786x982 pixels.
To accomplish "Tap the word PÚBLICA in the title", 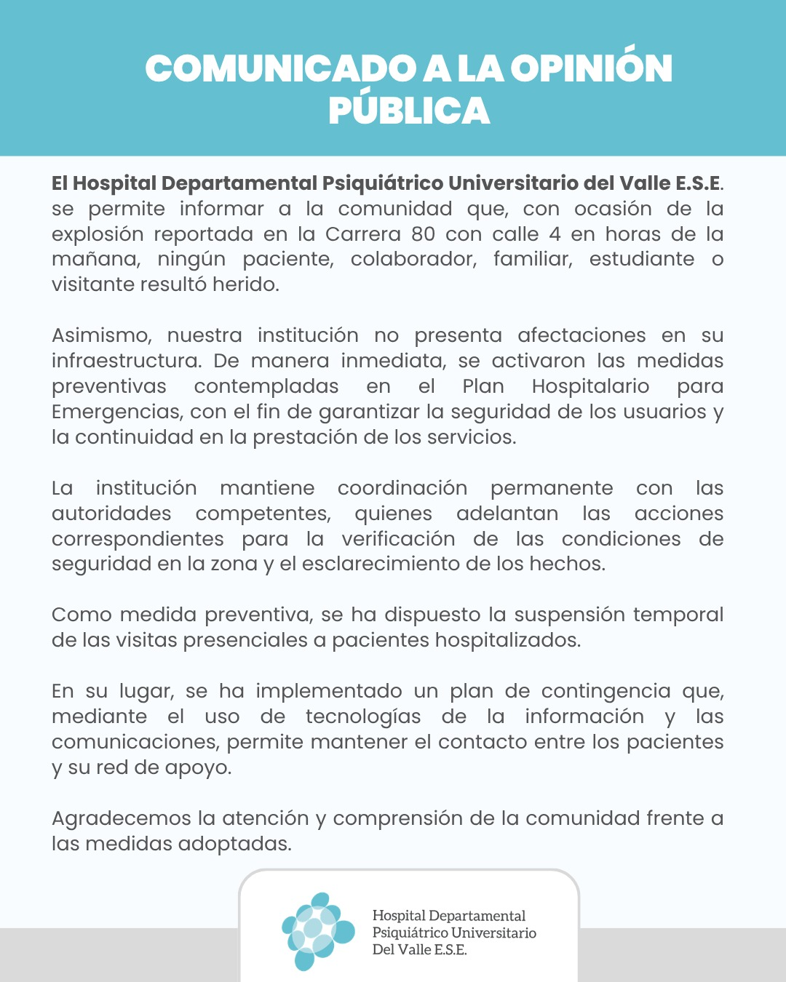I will coord(409,111).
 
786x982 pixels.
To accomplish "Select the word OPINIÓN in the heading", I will coord(591,69).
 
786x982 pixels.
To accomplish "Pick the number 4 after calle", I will coord(555,234).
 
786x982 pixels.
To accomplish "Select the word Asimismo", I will coord(101,335).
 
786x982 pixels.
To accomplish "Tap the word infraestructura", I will coord(126,361).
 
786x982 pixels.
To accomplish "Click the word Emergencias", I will coord(117,412).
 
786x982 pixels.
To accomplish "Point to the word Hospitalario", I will coord(590,386).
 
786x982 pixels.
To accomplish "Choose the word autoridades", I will coord(111,514).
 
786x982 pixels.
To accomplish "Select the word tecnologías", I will coord(363,717).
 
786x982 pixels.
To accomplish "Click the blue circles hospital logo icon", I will coord(317,931).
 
